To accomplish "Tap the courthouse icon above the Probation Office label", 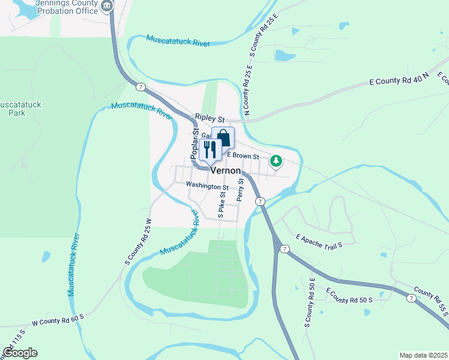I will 107,7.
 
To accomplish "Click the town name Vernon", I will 225,170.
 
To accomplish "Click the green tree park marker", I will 276,161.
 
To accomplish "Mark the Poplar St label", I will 195,143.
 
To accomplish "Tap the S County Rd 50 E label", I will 310,302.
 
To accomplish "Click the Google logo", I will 20,353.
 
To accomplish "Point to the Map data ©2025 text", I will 423,355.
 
